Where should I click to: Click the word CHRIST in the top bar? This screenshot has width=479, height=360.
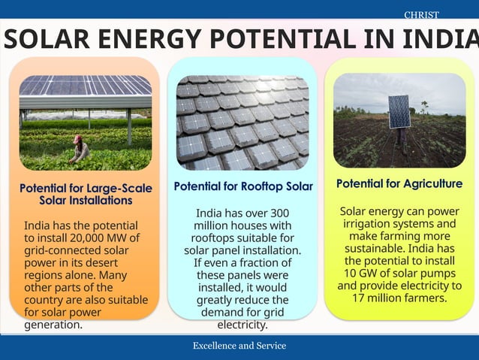coord(421,15)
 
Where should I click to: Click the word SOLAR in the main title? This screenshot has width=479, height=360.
coord(53,38)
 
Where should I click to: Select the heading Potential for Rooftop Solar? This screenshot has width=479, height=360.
coord(243,186)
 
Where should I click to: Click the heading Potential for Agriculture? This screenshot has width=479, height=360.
coord(399,183)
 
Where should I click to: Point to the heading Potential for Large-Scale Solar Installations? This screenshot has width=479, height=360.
coord(86,194)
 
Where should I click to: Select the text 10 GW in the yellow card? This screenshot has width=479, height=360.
coord(363,273)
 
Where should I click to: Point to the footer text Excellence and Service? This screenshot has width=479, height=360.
coord(239,346)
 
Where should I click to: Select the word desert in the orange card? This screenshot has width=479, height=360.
coord(113,262)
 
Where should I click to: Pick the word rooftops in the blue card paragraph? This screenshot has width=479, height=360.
coord(214,238)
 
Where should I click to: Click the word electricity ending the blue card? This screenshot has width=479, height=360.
coord(243,325)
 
